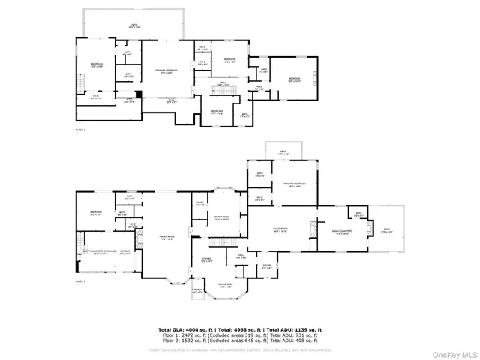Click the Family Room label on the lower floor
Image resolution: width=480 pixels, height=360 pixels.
pos(166,238)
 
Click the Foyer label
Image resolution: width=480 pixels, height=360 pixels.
pos(267,265)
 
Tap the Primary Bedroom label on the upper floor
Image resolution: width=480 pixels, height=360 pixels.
pos(169,72)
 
